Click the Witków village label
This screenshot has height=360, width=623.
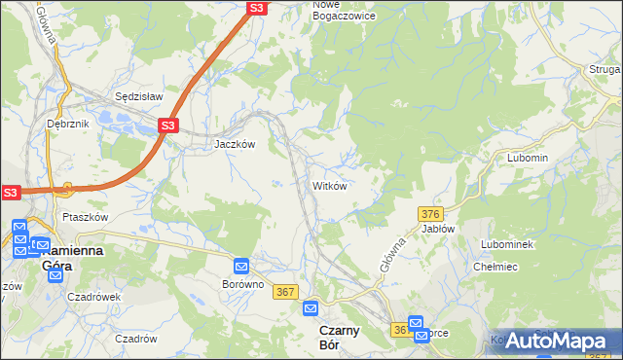tap(329, 185)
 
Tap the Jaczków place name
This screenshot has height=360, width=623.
tap(235, 143)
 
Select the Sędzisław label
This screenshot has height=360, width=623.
tap(138, 97)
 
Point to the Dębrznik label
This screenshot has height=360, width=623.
tap(67, 125)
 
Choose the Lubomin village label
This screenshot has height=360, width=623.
tap(528, 158)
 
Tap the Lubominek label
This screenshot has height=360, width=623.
tap(506, 244)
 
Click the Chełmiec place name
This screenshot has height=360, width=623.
tap(494, 266)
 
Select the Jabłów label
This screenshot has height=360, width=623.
tap(438, 229)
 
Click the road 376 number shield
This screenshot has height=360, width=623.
tap(431, 213)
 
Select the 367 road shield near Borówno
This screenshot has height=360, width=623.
tap(285, 292)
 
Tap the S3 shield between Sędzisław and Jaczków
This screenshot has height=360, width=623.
tap(168, 126)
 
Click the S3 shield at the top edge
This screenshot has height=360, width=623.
tap(255, 8)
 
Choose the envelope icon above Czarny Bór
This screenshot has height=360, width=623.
tap(311, 308)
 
